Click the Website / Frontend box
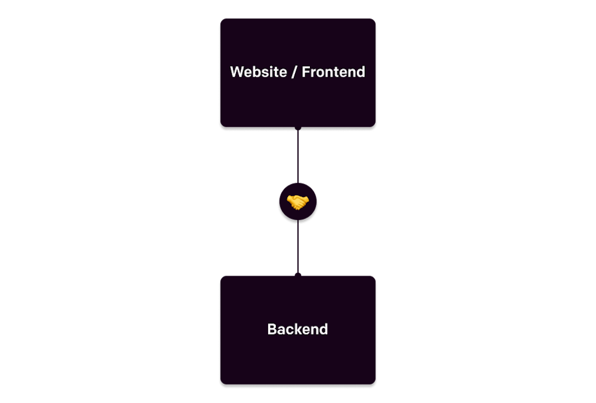pyautogui.click(x=298, y=73)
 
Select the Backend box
pyautogui.click(x=298, y=330)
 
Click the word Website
pyautogui.click(x=259, y=71)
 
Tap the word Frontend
pyautogui.click(x=333, y=71)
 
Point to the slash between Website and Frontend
pyautogui.click(x=294, y=72)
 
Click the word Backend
pyautogui.click(x=297, y=329)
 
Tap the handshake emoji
pyautogui.click(x=297, y=202)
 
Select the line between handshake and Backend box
pyautogui.click(x=298, y=246)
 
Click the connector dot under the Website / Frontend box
pyautogui.click(x=298, y=128)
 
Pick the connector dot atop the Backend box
pyautogui.click(x=298, y=275)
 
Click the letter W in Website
pyautogui.click(x=237, y=71)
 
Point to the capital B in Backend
pyautogui.click(x=272, y=329)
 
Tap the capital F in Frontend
pyautogui.click(x=306, y=71)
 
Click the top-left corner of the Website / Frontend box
pyautogui.click(x=221, y=18)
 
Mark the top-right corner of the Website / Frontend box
pyautogui.click(x=375, y=18)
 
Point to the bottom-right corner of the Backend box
pyautogui.click(x=375, y=384)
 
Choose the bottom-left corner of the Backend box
pyautogui.click(x=221, y=384)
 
